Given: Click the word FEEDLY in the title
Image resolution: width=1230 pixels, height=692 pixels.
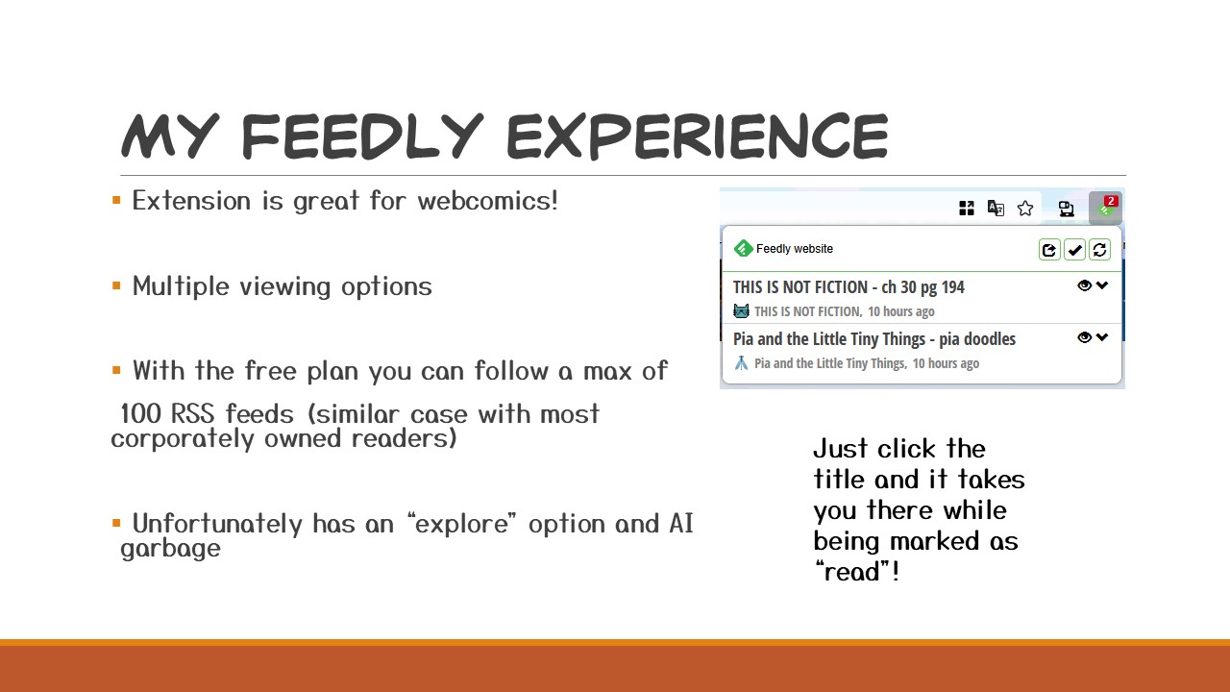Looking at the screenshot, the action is pyautogui.click(x=362, y=136).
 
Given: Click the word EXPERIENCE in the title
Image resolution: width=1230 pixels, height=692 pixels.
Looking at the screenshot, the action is pyautogui.click(x=698, y=136).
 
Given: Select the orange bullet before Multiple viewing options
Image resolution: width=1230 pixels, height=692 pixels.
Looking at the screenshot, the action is pyautogui.click(x=116, y=285).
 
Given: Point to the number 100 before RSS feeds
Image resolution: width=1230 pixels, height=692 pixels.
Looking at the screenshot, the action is pyautogui.click(x=140, y=413).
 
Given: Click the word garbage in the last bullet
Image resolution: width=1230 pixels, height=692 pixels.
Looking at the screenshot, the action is pyautogui.click(x=171, y=549).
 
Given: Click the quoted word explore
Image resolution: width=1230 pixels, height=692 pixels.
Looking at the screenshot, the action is pyautogui.click(x=461, y=524).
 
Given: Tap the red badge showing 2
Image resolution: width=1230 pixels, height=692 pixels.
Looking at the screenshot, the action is pyautogui.click(x=1111, y=201).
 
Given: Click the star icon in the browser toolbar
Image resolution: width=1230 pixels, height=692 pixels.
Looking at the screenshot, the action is pyautogui.click(x=1025, y=209).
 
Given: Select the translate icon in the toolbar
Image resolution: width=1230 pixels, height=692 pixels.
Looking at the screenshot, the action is pyautogui.click(x=996, y=209).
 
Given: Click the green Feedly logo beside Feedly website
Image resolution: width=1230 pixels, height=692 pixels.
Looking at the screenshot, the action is pyautogui.click(x=743, y=249).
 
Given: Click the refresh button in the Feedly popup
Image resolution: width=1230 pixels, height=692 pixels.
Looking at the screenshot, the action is pyautogui.click(x=1100, y=250).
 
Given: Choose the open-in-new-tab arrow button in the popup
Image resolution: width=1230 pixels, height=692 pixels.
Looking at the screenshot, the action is pyautogui.click(x=1049, y=250).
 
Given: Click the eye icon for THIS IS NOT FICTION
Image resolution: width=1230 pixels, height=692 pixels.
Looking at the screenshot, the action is pyautogui.click(x=1085, y=285).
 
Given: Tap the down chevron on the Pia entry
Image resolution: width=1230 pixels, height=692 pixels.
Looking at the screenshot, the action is pyautogui.click(x=1102, y=336).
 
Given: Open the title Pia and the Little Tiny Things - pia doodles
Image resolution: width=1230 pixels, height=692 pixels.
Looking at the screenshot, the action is pyautogui.click(x=874, y=339).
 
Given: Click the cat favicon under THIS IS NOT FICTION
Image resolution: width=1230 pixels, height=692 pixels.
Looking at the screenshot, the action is pyautogui.click(x=741, y=311).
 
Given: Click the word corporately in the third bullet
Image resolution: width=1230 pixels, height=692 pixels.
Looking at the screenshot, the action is pyautogui.click(x=183, y=439).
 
